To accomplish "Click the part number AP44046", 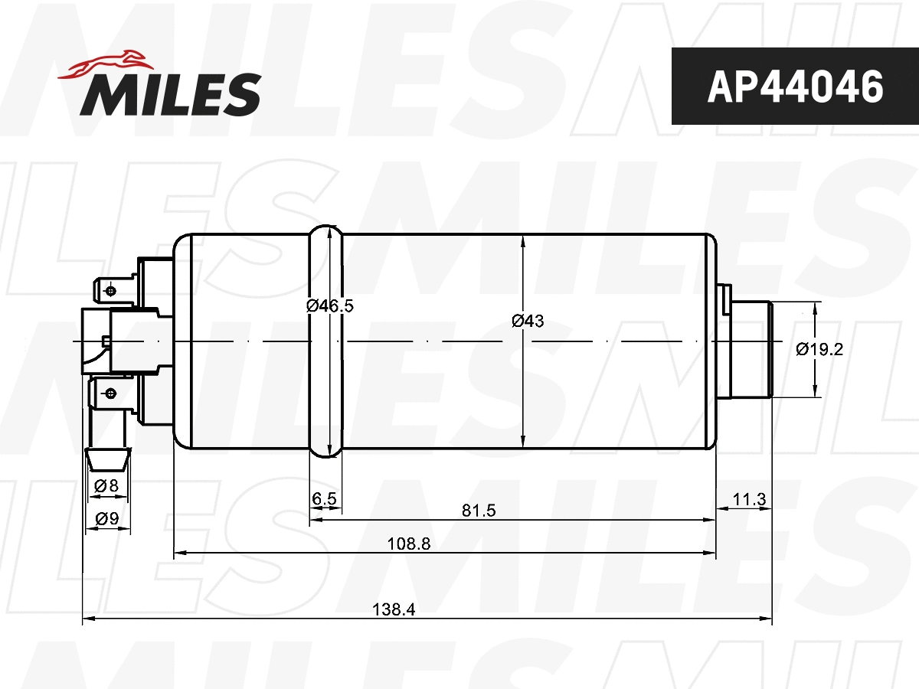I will (x=794, y=87).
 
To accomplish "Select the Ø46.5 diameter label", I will (x=329, y=305).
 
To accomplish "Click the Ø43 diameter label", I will (x=528, y=322).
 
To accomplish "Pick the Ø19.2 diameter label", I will (x=819, y=349).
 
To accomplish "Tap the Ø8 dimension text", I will (x=106, y=485).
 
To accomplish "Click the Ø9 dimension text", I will (x=106, y=519).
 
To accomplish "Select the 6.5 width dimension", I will (x=325, y=499).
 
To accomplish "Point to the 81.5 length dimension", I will (x=480, y=511).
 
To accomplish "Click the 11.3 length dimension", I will (x=749, y=500).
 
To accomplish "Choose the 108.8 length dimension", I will (x=409, y=544).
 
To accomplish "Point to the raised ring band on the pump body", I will (x=325, y=341).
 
